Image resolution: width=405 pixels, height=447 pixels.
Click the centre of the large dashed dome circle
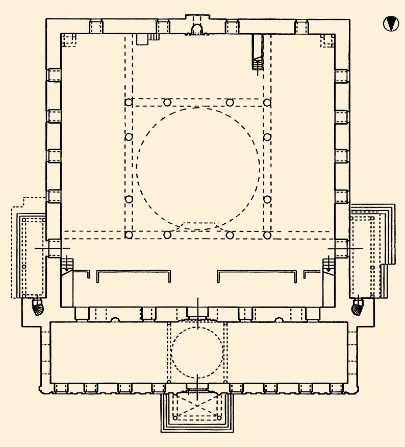[198, 166]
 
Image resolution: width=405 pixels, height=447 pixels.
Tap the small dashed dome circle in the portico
[197, 353]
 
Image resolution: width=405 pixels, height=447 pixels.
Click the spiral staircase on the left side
[38, 308]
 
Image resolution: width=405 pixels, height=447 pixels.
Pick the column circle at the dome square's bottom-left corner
[129, 235]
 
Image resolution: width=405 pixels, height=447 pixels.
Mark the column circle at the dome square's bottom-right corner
[267, 235]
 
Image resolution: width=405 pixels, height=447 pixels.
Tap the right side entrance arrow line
[345, 248]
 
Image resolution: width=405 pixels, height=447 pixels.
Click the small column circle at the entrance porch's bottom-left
[175, 418]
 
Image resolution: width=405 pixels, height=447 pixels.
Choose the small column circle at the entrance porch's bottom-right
[220, 418]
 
